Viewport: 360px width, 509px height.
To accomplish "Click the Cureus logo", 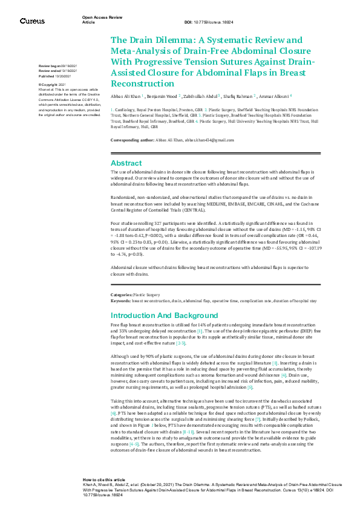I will click(x=31, y=21).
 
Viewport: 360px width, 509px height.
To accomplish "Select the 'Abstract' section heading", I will click(x=126, y=163).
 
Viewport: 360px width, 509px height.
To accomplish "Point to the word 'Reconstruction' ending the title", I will click(x=142, y=83).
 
